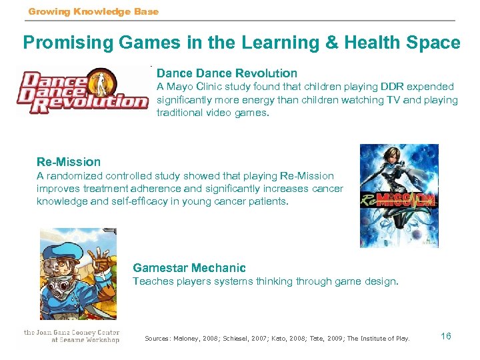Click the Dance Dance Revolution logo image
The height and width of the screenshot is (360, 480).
point(82,91)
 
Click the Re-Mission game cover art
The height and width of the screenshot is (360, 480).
point(399,196)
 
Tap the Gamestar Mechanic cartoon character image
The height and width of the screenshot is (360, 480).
point(78,274)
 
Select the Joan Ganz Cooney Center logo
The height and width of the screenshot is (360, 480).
point(71,336)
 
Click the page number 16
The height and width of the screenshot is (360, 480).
point(446,336)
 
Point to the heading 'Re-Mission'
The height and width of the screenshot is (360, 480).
point(69,162)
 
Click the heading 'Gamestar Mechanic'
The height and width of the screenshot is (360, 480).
point(189,268)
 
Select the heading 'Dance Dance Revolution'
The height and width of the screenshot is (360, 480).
point(227,73)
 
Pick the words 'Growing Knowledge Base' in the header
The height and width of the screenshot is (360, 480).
point(93,11)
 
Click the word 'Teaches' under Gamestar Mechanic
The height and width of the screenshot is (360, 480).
point(152,281)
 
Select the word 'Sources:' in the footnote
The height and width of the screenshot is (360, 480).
point(159,338)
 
